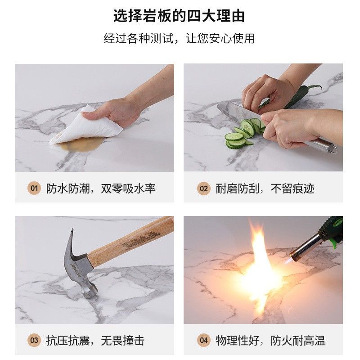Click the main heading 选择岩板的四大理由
(x=179, y=16)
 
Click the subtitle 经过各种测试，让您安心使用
(x=179, y=38)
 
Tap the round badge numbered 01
(x=34, y=189)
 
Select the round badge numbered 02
(x=204, y=189)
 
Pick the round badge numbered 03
(x=34, y=340)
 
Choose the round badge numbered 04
(x=204, y=340)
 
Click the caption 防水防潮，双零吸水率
(x=101, y=189)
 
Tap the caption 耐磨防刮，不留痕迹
(x=265, y=189)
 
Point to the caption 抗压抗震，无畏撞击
(x=95, y=341)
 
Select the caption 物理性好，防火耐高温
(x=270, y=341)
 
